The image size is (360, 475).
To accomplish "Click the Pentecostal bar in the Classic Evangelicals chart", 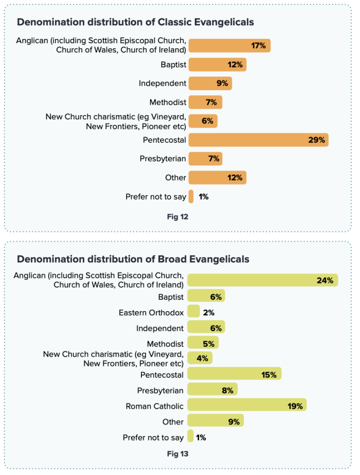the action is (x=258, y=140).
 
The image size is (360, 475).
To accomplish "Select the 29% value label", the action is (x=317, y=140).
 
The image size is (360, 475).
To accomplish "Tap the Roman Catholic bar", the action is (x=247, y=404).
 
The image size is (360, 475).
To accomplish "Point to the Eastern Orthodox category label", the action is (x=151, y=313).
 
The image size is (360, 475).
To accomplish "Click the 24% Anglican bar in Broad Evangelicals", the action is (x=263, y=280).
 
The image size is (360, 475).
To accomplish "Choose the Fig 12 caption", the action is (x=178, y=217).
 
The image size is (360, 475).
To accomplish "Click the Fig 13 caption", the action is (x=178, y=454).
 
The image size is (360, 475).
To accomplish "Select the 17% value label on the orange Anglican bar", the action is (x=258, y=46).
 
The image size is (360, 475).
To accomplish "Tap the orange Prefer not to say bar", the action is (x=191, y=196).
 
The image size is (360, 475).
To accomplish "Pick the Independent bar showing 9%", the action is (x=210, y=83).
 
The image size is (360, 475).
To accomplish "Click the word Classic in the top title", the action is (x=174, y=22).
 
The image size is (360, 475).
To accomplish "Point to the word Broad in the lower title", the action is (x=172, y=259).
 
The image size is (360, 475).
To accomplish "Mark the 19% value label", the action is (x=295, y=406).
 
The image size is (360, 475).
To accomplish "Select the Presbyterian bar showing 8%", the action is (x=212, y=389).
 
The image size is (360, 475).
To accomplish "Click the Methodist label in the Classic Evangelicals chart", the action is (x=168, y=103).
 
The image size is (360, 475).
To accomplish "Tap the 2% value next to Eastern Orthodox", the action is (x=209, y=313).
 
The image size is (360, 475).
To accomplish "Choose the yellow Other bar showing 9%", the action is (x=215, y=420).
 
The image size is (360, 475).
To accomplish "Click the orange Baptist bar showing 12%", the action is (x=218, y=64).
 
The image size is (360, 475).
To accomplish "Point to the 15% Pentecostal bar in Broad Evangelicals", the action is (x=234, y=373).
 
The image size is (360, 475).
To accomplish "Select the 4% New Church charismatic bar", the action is (x=199, y=358).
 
